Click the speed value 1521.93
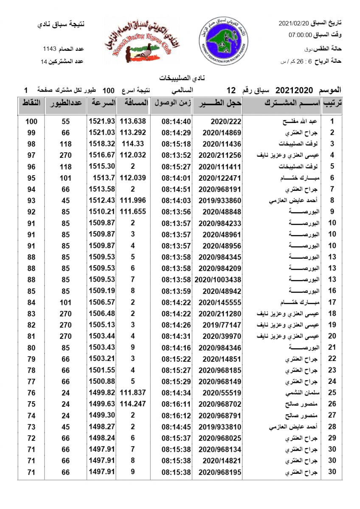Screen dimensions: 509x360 (102, 121)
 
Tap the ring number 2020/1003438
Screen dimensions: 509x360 (217, 280)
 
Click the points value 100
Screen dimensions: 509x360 (31, 121)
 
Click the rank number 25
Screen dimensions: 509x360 (332, 393)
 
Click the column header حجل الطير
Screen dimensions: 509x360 (217, 103)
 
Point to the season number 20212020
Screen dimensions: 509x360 (294, 90)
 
